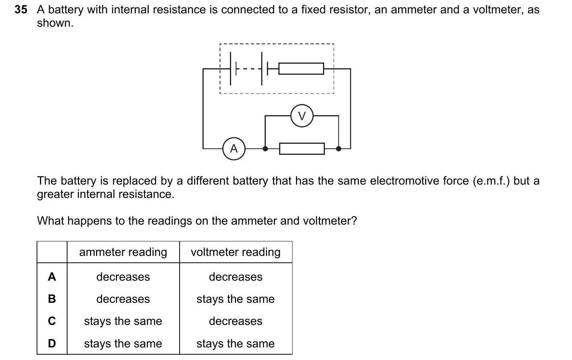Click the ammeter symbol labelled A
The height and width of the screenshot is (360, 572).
pyautogui.click(x=234, y=149)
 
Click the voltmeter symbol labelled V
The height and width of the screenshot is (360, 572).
pyautogui.click(x=302, y=116)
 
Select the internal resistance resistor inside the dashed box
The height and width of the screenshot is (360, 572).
pyautogui.click(x=301, y=69)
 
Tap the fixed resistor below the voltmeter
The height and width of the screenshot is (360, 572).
pyautogui.click(x=302, y=149)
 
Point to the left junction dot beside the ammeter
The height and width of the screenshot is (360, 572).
pyautogui.click(x=265, y=149)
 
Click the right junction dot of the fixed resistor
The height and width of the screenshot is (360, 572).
pyautogui.click(x=338, y=149)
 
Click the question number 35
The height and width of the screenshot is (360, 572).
pyautogui.click(x=21, y=10)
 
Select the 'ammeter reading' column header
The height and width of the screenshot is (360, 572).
pyautogui.click(x=123, y=252)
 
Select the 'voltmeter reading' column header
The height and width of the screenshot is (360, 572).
pyautogui.click(x=236, y=252)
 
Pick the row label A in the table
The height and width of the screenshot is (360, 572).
pyautogui.click(x=52, y=277)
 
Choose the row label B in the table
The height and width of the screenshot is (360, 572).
pyautogui.click(x=52, y=299)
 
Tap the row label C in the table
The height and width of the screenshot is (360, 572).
pyautogui.click(x=52, y=321)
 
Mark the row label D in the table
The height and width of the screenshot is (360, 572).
pyautogui.click(x=52, y=344)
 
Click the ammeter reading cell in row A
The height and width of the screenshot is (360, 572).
pyautogui.click(x=123, y=277)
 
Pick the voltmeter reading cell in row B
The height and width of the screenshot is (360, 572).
pyautogui.click(x=236, y=299)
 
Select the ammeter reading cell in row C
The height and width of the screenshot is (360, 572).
pyautogui.click(x=123, y=321)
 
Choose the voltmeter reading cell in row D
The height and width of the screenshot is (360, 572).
pyautogui.click(x=236, y=344)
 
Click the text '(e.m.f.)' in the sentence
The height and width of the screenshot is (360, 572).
pyautogui.click(x=491, y=181)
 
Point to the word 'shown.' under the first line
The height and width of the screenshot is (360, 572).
pyautogui.click(x=55, y=23)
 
